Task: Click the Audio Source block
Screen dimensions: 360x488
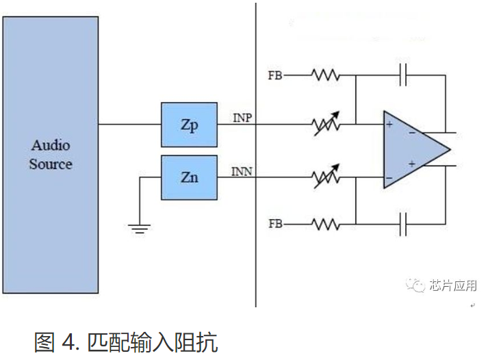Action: pyautogui.click(x=50, y=155)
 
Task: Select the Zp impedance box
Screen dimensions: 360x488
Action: pyautogui.click(x=189, y=125)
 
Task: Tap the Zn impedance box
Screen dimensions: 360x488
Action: pyautogui.click(x=189, y=177)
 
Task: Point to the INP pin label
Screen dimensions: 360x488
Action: pyautogui.click(x=242, y=118)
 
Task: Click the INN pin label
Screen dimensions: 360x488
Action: pyautogui.click(x=242, y=171)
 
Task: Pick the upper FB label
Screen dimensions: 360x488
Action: pyautogui.click(x=276, y=75)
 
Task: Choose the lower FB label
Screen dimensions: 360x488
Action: pyautogui.click(x=276, y=223)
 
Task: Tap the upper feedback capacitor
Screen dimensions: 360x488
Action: pyautogui.click(x=404, y=75)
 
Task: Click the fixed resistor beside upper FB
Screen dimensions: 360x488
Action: pyautogui.click(x=326, y=75)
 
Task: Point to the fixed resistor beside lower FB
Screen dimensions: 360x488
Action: pyautogui.click(x=326, y=223)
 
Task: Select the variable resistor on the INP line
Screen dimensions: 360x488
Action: pyautogui.click(x=326, y=125)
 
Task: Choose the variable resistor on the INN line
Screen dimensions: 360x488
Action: pyautogui.click(x=326, y=177)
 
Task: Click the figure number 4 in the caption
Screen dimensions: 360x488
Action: pyautogui.click(x=68, y=340)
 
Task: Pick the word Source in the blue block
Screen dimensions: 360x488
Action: pyautogui.click(x=51, y=164)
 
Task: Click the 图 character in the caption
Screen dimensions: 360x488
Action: pyautogui.click(x=45, y=340)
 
